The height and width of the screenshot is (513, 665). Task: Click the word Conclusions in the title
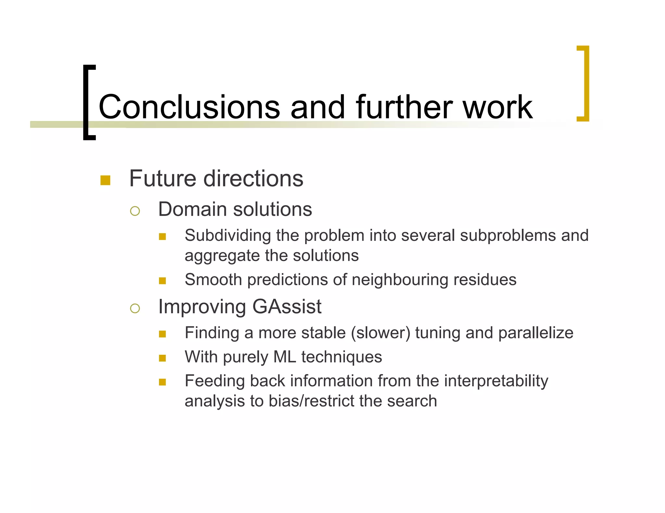189,107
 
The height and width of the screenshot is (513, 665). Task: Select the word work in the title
497,107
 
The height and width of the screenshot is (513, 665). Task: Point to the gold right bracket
584,83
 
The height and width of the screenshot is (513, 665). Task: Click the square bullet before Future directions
105,180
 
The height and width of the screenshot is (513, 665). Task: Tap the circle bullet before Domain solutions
135,211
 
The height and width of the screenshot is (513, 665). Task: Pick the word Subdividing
228,235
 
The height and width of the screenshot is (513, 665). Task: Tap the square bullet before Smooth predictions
162,280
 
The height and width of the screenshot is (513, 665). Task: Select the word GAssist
287,306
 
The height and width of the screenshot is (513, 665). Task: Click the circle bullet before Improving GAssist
135,308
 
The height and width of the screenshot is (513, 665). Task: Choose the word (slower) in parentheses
380,333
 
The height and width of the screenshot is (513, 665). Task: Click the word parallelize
536,333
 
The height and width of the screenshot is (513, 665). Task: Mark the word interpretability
496,381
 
